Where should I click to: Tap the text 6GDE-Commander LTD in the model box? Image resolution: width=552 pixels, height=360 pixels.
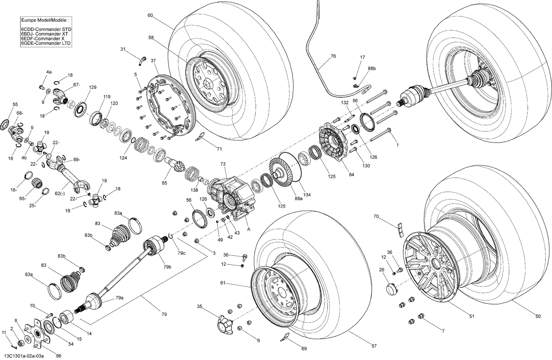click(46, 43)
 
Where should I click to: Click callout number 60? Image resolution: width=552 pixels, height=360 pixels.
click(150, 15)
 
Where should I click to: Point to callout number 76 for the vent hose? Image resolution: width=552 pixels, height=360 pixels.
click(333, 56)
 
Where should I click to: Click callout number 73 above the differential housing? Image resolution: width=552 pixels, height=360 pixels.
click(223, 164)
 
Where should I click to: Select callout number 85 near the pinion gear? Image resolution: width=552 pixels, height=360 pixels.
click(164, 183)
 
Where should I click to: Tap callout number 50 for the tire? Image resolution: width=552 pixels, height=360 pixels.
click(538, 316)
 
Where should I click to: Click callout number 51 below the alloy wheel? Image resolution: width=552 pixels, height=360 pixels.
click(471, 316)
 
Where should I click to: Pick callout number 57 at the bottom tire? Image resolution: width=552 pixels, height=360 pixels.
click(374, 346)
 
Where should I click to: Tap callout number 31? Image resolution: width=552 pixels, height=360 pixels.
click(123, 49)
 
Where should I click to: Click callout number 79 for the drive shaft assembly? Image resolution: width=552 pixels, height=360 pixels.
click(164, 314)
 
